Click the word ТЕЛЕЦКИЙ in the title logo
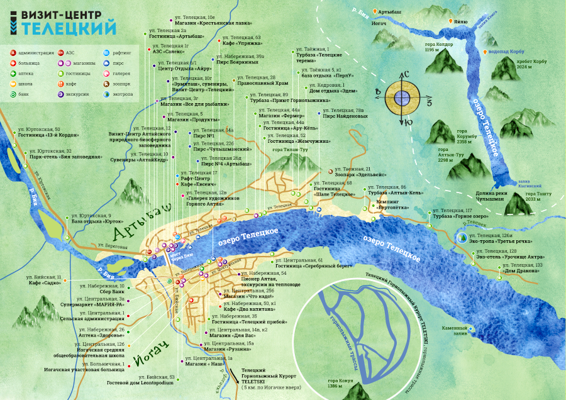[69, 28]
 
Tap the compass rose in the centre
[403, 98]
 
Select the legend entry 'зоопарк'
[122, 84]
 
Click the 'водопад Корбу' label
[507, 53]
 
